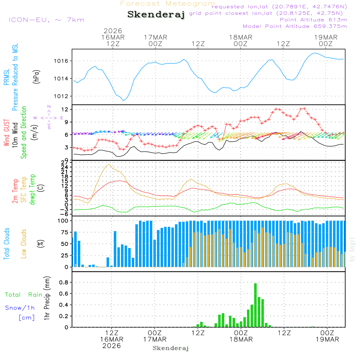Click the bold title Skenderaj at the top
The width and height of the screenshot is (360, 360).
tap(156, 15)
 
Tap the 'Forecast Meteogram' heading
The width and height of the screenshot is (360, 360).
tap(168, 4)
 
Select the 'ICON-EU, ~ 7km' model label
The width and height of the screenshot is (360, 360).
tap(46, 20)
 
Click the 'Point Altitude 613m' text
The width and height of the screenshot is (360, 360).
tap(313, 20)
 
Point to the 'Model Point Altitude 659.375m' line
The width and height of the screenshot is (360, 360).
tap(295, 26)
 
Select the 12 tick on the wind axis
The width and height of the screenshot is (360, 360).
tap(66, 109)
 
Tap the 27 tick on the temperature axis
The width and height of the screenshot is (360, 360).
tap(66, 162)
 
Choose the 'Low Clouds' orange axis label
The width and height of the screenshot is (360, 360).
tap(24, 243)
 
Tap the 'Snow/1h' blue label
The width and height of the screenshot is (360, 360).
tap(20, 308)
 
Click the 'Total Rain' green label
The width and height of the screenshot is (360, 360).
tap(23, 295)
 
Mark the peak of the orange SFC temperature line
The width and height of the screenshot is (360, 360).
tap(109, 164)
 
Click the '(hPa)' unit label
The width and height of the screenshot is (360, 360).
tap(36, 76)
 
